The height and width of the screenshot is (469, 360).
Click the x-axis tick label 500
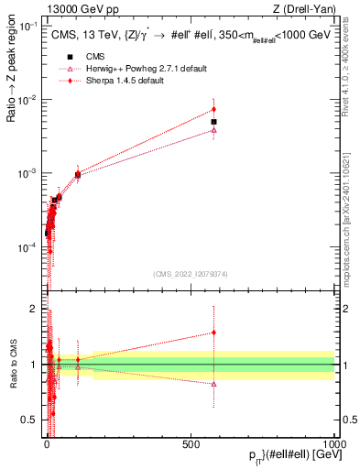click(x=191, y=442)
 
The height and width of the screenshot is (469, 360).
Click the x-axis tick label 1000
click(x=333, y=442)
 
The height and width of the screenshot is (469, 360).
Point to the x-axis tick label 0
click(x=47, y=442)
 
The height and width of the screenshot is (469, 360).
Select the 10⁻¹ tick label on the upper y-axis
click(x=30, y=26)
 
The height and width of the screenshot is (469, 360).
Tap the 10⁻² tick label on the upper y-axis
click(x=30, y=100)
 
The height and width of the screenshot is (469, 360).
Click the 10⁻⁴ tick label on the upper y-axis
click(x=30, y=247)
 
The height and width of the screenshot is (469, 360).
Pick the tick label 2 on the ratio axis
click(x=37, y=310)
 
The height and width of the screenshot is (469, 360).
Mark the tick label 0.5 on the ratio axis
click(x=33, y=420)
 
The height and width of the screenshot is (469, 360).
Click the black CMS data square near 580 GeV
click(x=213, y=122)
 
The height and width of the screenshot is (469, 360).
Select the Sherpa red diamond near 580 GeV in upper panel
click(x=213, y=110)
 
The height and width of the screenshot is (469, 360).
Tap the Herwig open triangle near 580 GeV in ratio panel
click(x=213, y=384)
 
